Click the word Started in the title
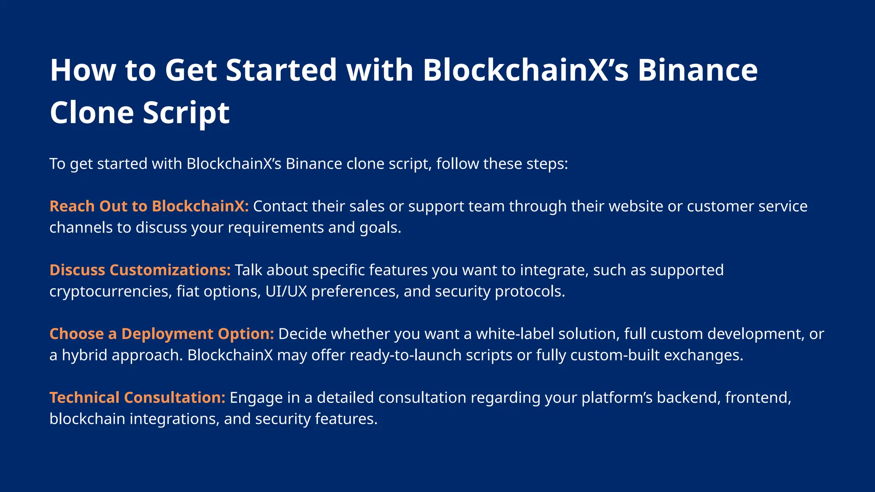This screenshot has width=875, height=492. tap(282, 70)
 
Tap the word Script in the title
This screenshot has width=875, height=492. tap(186, 113)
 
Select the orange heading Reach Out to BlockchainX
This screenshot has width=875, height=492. tap(149, 206)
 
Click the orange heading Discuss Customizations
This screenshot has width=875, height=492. tap(140, 270)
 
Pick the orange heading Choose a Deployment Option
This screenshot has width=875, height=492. tap(161, 334)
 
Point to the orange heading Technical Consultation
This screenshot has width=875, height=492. tap(137, 398)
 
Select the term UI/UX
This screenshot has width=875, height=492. tap(286, 291)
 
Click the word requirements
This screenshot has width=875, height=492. tap(275, 228)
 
